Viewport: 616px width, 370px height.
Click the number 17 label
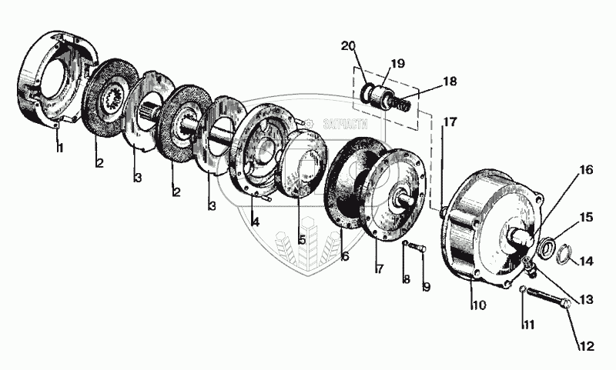[450, 121]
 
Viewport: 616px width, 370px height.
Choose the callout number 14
[588, 261]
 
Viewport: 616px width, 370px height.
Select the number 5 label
[302, 239]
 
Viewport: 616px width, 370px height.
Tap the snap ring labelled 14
[563, 252]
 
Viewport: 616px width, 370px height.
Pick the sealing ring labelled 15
[547, 247]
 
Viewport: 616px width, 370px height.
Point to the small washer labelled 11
[522, 289]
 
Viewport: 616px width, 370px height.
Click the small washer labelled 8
[405, 244]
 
